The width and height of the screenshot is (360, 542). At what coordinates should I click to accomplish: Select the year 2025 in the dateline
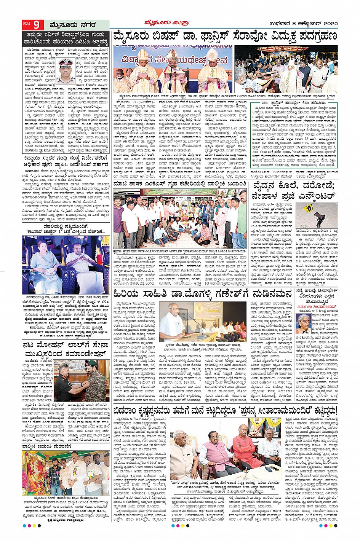click(327, 24)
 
